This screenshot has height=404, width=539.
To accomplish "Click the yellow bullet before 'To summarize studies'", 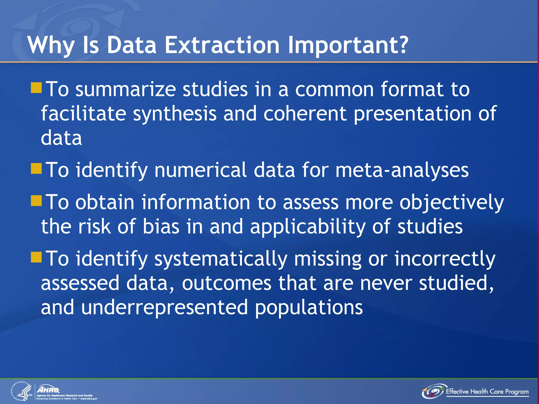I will click(x=36, y=88).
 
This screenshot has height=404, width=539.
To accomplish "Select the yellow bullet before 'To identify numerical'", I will click(x=36, y=169).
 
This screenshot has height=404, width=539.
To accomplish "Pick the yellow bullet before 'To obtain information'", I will click(x=36, y=201).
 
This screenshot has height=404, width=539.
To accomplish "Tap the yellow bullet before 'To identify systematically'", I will click(x=36, y=257).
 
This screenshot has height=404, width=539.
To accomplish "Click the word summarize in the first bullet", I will click(x=126, y=89).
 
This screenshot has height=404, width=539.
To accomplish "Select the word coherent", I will click(x=305, y=114).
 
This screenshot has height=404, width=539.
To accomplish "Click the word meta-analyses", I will click(x=402, y=170).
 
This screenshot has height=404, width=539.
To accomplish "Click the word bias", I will click(x=161, y=227).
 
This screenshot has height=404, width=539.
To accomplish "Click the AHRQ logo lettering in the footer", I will click(x=48, y=389).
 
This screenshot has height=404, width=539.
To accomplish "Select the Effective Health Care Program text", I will click(x=487, y=392).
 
